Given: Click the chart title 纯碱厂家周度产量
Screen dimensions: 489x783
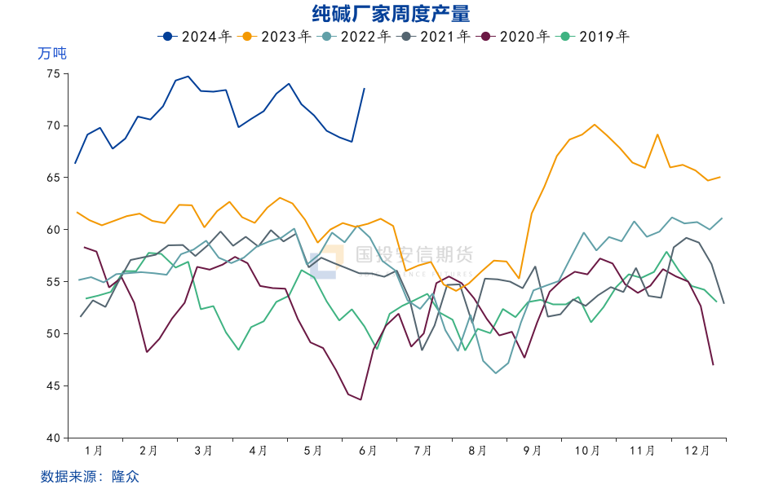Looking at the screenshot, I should pos(391,14).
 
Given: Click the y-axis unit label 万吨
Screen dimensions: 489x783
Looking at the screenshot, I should pos(52,54).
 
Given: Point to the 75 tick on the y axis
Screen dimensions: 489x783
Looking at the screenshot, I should pos(53,73).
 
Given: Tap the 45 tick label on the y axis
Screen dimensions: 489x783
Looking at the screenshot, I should pos(53,385).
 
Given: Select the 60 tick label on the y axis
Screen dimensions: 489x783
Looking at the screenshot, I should pos(53,230).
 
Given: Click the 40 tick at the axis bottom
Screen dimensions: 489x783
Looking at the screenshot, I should pos(53,438).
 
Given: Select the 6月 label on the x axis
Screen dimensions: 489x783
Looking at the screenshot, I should pos(368,450).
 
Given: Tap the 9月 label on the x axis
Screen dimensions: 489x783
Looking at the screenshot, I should pos(533,450).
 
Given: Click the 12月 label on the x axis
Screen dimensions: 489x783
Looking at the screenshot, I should pos(697,450).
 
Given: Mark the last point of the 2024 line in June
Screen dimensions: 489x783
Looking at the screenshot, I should pos(364,88).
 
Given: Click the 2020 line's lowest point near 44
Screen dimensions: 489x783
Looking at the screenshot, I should pos(361,399).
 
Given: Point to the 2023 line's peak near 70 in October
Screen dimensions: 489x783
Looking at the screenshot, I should pos(595,125).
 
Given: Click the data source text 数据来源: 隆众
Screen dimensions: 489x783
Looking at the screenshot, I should pos(84,476).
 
